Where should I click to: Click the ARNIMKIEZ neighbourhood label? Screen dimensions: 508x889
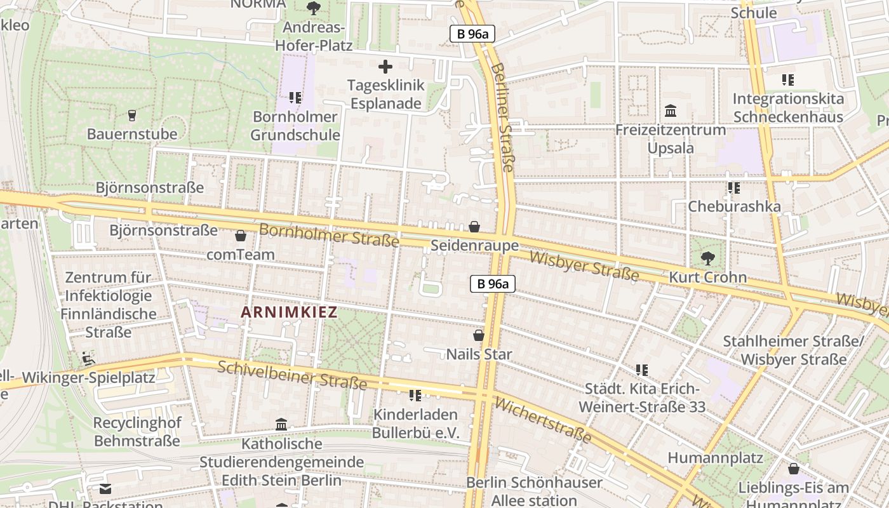288,312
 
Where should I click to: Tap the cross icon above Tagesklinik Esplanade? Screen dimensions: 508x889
385,67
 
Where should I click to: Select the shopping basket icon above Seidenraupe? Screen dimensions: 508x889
474,227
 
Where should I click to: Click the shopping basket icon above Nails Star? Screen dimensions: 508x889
479,335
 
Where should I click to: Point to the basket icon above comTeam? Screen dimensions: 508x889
241,236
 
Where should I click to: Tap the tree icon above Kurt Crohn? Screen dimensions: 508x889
707,258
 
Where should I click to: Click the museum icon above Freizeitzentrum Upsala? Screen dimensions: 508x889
670,111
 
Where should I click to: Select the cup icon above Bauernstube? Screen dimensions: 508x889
132,116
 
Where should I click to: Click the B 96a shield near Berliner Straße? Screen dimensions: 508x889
472,34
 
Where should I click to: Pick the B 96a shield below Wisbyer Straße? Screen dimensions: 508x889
492,284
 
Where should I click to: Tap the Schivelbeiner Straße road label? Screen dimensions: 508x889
292,375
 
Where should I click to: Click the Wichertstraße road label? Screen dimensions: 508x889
542,420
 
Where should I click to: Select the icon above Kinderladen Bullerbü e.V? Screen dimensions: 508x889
415,396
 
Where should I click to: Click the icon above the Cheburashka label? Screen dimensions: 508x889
734,188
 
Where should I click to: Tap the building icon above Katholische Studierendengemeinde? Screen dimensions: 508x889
281,424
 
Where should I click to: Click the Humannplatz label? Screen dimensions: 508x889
715,458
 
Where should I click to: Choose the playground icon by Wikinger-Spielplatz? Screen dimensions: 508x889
88,359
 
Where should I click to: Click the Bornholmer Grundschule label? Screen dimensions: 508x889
295,126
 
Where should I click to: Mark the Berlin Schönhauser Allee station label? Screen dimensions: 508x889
534,491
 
